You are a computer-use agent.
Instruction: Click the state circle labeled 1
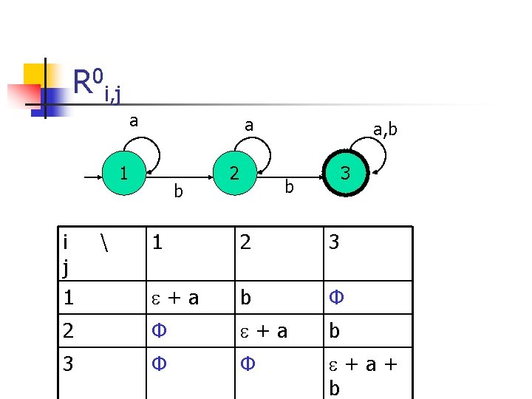click(x=124, y=174)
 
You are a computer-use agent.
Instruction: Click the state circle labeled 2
click(x=233, y=174)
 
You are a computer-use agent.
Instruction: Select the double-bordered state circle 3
click(x=344, y=174)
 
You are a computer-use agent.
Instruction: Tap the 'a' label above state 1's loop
click(x=134, y=120)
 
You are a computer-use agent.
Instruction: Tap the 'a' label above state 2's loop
click(x=249, y=126)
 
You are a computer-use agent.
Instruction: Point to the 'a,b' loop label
click(x=385, y=130)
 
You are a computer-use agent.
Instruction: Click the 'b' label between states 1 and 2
click(x=177, y=191)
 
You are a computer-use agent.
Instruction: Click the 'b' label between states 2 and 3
click(x=290, y=188)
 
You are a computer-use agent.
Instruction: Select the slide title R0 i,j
click(x=96, y=83)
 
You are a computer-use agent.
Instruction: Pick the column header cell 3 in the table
click(x=334, y=242)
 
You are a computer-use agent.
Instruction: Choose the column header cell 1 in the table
click(x=157, y=242)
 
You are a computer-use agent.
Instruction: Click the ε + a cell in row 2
click(x=263, y=331)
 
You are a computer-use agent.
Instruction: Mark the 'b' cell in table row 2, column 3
click(x=335, y=331)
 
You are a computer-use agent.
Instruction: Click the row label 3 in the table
click(x=68, y=364)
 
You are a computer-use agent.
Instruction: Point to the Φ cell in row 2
click(x=158, y=331)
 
